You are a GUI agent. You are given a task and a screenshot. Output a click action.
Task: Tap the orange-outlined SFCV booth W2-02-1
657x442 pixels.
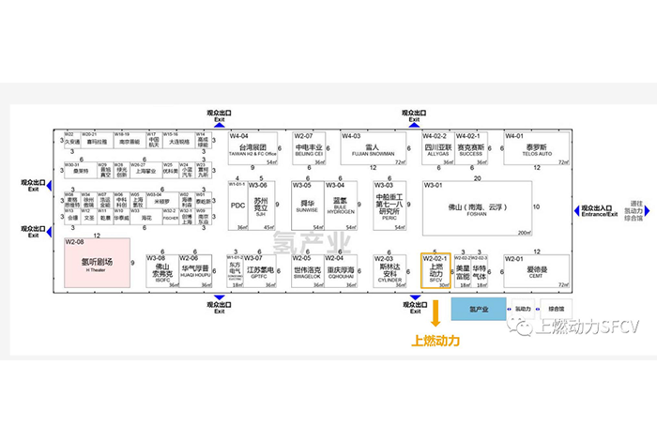[x=435, y=271]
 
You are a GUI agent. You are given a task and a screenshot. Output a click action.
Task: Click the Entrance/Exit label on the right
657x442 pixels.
[x=594, y=211]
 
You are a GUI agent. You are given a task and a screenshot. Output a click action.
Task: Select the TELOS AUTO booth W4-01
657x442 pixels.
[x=536, y=148]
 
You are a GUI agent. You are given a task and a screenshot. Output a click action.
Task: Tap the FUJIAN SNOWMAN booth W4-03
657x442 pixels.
[x=372, y=148]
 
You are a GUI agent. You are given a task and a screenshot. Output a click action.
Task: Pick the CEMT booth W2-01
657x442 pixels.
[x=536, y=271]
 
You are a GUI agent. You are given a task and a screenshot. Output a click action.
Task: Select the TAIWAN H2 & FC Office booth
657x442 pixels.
[x=254, y=148]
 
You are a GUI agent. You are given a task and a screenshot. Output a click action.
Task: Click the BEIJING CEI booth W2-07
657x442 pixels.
[x=310, y=148]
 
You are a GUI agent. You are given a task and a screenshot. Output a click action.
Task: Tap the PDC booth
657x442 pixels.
[x=237, y=206]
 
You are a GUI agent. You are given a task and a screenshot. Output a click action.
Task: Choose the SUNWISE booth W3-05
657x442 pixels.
[x=307, y=206]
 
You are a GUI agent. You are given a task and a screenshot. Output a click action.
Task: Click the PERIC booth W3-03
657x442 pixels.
[x=388, y=206]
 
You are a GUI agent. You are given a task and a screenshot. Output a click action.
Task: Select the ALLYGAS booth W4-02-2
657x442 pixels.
[x=436, y=148]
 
